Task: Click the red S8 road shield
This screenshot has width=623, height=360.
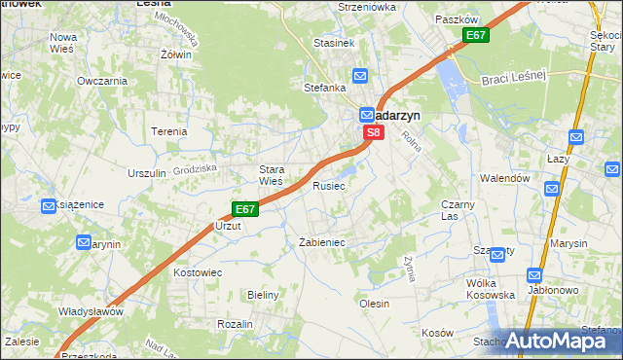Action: [372, 131]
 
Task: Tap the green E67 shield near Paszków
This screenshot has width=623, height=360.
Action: [475, 36]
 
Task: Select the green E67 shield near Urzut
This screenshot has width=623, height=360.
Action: [245, 209]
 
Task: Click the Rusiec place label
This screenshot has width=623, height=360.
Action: [328, 185]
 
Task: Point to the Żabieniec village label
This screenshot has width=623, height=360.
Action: [322, 242]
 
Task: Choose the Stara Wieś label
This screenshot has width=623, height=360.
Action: [270, 175]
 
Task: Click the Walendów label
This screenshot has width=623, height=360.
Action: [504, 179]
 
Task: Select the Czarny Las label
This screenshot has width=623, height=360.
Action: [458, 210]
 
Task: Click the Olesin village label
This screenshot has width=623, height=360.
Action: [374, 304]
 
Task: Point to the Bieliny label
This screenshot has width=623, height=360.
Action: [264, 294]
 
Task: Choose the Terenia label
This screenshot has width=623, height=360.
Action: [168, 131]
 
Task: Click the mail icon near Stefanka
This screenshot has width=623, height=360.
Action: [360, 76]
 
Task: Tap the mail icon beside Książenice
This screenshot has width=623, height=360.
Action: [49, 205]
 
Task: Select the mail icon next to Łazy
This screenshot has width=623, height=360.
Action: [576, 138]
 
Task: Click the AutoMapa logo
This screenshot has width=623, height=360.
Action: [555, 341]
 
